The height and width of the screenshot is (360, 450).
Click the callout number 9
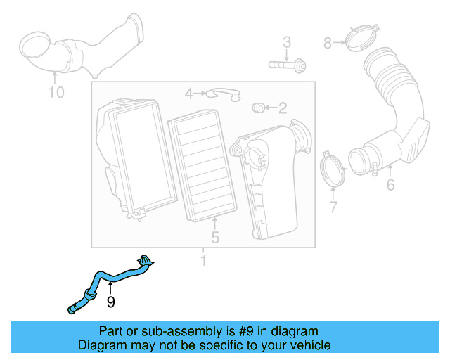[x=110, y=302]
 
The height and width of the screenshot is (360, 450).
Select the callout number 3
[x=287, y=43]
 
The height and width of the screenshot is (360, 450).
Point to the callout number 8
[x=328, y=43]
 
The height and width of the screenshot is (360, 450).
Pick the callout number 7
[x=333, y=207]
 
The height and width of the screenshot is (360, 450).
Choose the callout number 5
[x=215, y=238]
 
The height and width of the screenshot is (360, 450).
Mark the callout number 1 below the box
[x=204, y=262]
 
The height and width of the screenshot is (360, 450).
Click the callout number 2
[x=283, y=108]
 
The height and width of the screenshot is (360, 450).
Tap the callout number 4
[x=188, y=93]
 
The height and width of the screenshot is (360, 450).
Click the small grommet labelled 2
[x=258, y=107]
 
